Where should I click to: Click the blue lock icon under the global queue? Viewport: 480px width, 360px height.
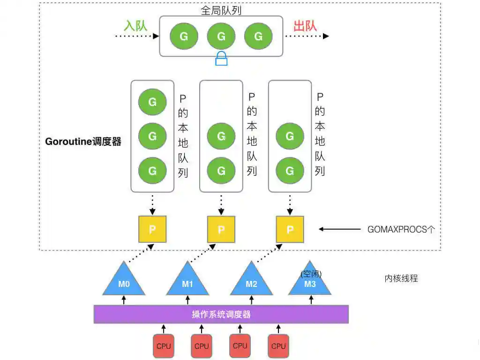[221, 59]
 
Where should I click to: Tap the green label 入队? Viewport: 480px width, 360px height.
[135, 25]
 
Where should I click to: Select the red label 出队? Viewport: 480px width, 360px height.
[305, 25]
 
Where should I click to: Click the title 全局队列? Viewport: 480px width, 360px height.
[221, 11]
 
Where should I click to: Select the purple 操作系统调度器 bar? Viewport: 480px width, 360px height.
[221, 314]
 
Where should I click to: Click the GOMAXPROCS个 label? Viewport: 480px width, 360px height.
[402, 230]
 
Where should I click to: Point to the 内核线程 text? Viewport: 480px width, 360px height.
[401, 278]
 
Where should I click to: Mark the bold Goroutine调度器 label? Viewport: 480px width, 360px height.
[83, 142]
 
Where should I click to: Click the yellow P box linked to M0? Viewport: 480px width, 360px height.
[152, 229]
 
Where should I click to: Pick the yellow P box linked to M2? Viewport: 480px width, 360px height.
[290, 229]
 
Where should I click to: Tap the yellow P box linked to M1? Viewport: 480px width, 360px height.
[221, 229]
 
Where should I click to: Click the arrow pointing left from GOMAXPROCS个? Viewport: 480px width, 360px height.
[339, 229]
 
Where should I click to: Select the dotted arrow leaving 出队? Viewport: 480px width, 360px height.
[307, 36]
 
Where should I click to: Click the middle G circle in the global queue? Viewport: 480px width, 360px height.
[221, 36]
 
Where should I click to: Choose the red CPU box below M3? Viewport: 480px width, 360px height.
[278, 346]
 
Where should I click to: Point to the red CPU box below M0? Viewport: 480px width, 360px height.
[164, 346]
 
